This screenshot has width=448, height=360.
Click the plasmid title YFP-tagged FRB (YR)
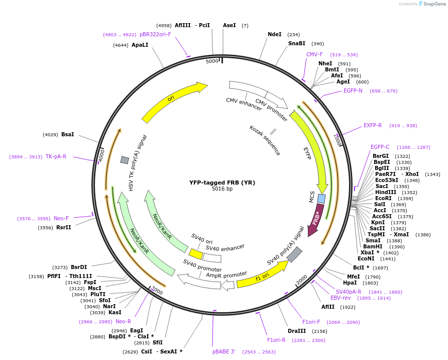point(222,183)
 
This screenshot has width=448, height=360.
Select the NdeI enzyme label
point(275,34)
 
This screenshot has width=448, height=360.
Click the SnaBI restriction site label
point(296,43)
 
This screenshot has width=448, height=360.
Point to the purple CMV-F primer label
point(314,54)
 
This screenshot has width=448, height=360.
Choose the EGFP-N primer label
point(353,91)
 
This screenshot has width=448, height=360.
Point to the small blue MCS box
point(321,199)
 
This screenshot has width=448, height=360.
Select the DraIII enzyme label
point(297,331)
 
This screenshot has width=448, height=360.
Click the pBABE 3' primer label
point(223,352)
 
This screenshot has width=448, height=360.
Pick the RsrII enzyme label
point(64,227)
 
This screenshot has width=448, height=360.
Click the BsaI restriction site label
point(68,134)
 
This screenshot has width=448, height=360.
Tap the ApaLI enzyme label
point(140,45)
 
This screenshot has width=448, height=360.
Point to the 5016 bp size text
point(222,189)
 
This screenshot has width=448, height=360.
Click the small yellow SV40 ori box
point(195,253)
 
